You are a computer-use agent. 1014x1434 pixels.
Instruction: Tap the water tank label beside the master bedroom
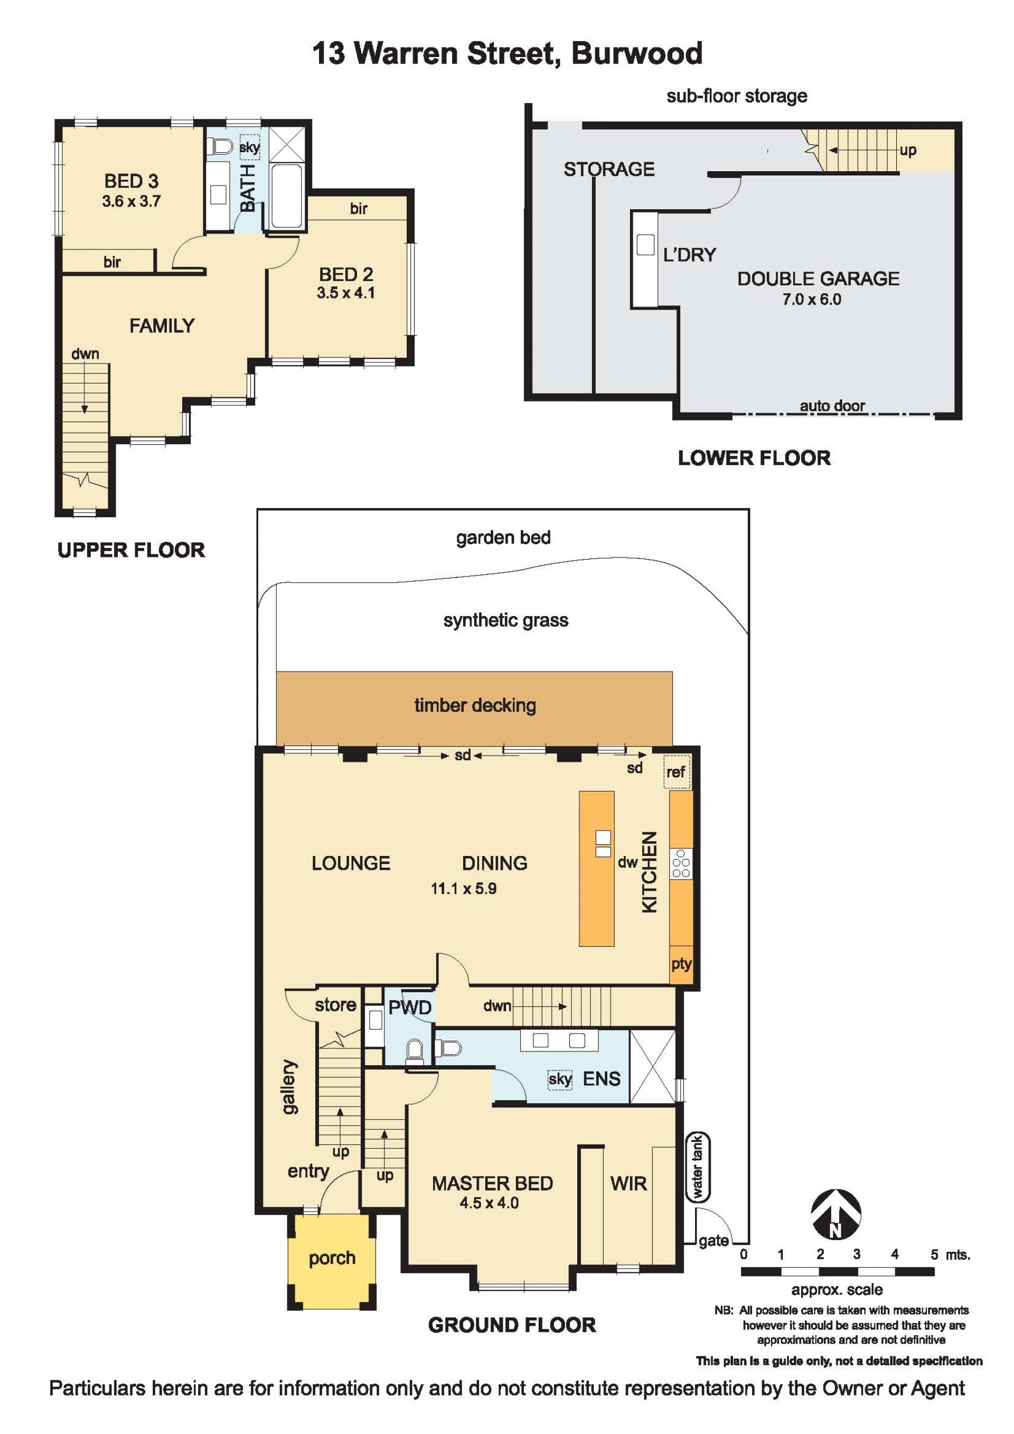(x=698, y=1167)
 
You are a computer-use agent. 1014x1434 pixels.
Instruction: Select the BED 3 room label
(x=131, y=181)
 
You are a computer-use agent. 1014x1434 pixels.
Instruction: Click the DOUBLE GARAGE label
(x=818, y=278)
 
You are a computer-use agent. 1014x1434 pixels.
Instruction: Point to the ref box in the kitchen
(x=676, y=772)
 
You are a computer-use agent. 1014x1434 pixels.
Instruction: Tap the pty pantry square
(x=681, y=964)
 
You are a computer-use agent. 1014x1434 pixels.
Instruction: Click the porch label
(x=332, y=1258)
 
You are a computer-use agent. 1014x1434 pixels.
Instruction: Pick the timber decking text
(x=475, y=705)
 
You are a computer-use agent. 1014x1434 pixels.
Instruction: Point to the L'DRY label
(x=689, y=254)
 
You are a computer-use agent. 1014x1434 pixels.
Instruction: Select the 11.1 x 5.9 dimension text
(x=463, y=888)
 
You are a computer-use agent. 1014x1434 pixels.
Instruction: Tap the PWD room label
(x=410, y=1008)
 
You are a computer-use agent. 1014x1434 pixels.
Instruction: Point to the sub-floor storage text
(x=737, y=96)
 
